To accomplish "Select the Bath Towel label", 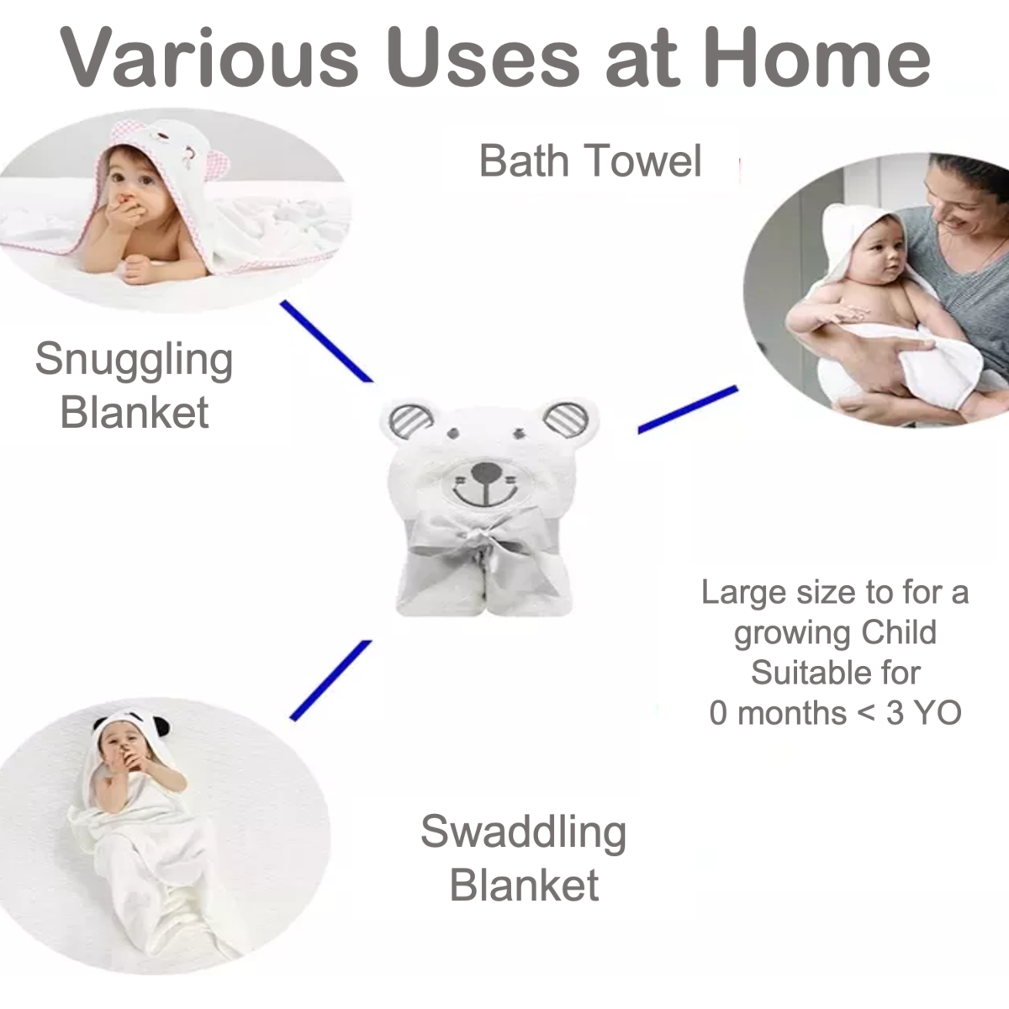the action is (x=590, y=161).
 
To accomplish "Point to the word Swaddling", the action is (x=524, y=832).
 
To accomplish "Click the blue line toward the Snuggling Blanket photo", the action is (x=327, y=341).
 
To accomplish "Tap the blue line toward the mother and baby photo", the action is (x=688, y=409).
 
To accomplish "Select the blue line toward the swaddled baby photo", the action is (x=330, y=680).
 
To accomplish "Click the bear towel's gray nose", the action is (x=487, y=473).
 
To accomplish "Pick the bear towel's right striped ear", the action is (x=566, y=419).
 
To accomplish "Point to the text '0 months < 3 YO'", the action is (x=835, y=713).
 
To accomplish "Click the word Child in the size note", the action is (x=899, y=632).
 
